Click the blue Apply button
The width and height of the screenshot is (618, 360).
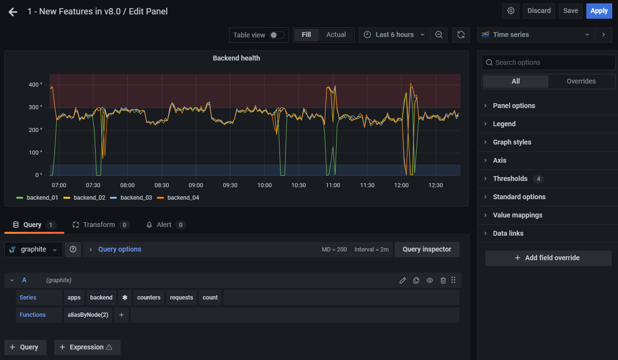(599, 11)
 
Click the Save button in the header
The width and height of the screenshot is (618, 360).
(570, 11)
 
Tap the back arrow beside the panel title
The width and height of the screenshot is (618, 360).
(13, 12)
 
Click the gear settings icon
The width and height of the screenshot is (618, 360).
(511, 11)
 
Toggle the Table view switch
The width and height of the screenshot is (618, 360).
(277, 35)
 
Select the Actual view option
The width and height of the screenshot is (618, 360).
(336, 35)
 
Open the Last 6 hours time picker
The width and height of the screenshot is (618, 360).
(394, 35)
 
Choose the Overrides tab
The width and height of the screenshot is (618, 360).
(581, 81)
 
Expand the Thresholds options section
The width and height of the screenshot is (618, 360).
(510, 179)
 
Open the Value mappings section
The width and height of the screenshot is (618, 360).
(517, 215)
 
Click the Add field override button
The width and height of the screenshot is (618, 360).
(548, 258)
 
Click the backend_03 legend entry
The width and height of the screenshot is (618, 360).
(136, 198)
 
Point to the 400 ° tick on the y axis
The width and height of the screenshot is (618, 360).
(35, 85)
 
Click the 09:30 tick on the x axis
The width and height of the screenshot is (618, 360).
(230, 185)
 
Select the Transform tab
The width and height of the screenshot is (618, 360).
(99, 225)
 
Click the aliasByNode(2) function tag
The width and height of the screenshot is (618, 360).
(88, 315)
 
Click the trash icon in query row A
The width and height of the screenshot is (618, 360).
(443, 280)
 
